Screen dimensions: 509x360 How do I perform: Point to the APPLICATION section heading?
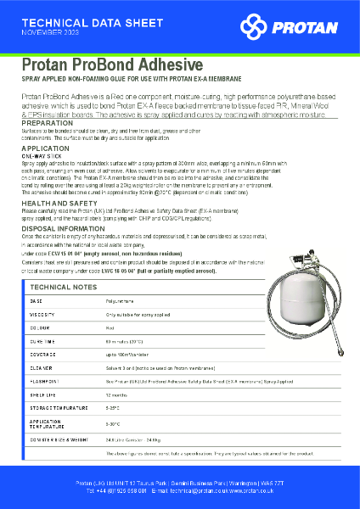46,148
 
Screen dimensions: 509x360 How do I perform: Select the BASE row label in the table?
36,301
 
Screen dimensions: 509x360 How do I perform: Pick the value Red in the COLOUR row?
110,327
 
